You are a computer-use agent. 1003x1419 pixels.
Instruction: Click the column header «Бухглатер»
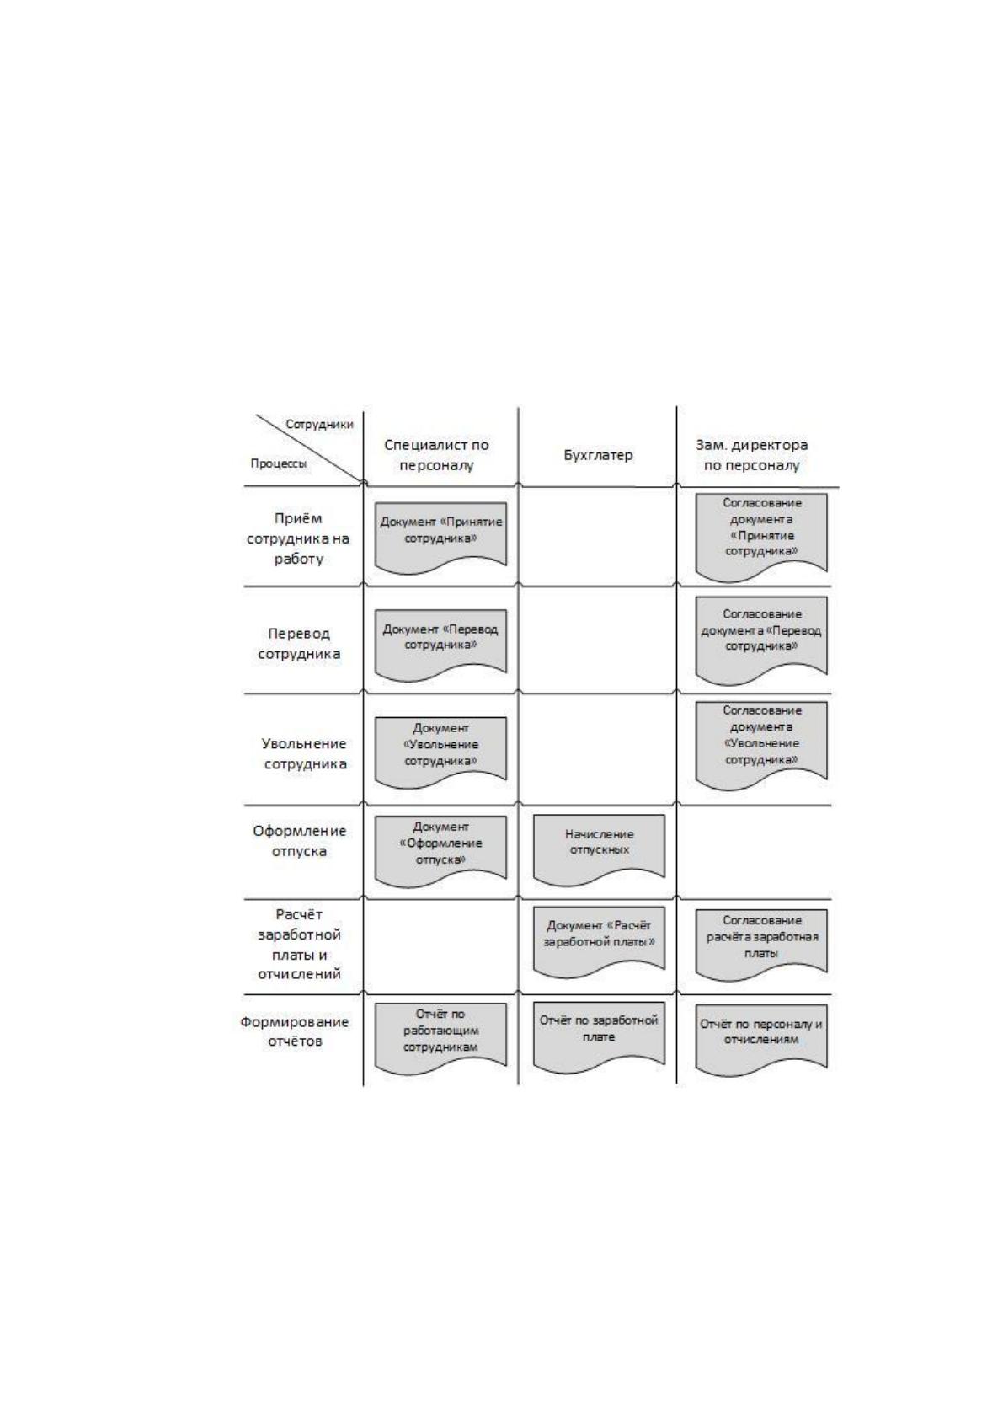click(x=598, y=455)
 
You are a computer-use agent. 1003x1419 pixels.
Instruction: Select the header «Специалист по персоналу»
click(x=436, y=455)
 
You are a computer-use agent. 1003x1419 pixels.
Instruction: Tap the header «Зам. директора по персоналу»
click(x=751, y=455)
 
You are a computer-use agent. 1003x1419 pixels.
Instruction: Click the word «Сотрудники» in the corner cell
click(x=319, y=424)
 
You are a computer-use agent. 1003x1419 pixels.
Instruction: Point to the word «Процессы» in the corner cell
click(x=279, y=463)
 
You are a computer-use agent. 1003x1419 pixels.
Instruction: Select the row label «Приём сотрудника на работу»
click(x=297, y=538)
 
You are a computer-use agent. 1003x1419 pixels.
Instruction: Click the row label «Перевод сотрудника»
click(x=299, y=643)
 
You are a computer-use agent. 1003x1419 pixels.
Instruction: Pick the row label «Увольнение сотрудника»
click(x=305, y=753)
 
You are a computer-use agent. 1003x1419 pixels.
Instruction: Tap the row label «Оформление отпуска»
click(x=300, y=841)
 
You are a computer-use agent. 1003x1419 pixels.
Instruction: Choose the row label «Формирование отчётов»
click(x=295, y=1031)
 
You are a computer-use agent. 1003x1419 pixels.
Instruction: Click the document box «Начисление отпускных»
click(x=599, y=849)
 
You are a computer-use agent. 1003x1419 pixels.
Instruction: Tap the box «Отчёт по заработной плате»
click(x=599, y=1037)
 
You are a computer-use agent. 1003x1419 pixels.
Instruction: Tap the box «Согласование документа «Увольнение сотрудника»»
click(x=761, y=746)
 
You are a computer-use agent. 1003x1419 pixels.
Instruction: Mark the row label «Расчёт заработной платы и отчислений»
click(x=299, y=944)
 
